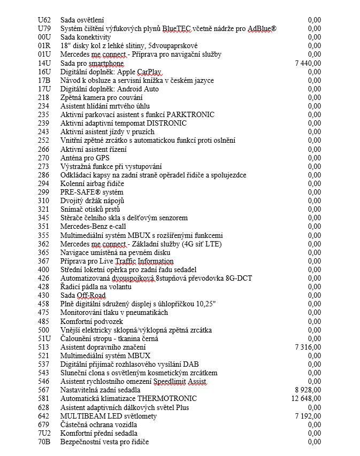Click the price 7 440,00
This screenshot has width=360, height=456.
(308, 63)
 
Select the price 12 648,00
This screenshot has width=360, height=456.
(306, 399)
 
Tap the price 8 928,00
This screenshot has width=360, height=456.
(308, 390)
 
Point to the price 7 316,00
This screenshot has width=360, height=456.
(308, 347)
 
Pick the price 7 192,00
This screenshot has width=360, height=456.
(308, 416)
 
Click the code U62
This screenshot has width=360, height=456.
(44, 20)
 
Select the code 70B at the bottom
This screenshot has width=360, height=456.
(44, 442)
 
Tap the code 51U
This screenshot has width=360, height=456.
(44, 338)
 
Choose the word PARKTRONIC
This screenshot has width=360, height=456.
(190, 115)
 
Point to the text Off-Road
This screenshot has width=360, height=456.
(90, 295)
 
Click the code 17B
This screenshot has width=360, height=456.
(44, 80)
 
